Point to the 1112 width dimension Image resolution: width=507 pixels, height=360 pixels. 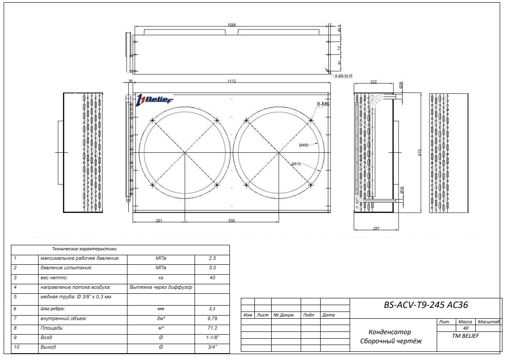coord(231,81)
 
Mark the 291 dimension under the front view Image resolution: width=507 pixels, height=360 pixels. coord(159,220)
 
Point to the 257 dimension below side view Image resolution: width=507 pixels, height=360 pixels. coord(375,229)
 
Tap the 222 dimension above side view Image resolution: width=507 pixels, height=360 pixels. coord(374,81)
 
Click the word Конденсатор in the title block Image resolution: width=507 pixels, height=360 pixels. coord(390,332)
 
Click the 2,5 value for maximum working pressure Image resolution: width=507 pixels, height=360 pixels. coord(212,258)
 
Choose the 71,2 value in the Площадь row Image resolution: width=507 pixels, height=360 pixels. coord(212,327)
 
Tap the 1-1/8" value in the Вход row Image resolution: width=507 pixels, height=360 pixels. coord(212,337)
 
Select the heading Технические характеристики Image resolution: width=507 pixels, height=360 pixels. coord(85,248)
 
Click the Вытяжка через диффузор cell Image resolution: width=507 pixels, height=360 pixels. coord(161,287)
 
